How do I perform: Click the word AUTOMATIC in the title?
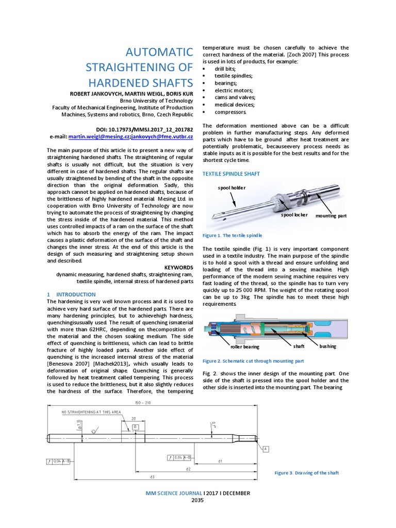[x=159, y=52]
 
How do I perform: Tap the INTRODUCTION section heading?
[x=75, y=294]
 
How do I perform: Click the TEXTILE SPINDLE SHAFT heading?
[x=231, y=174]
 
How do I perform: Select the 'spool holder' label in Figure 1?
[x=232, y=188]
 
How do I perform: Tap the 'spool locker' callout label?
[x=294, y=214]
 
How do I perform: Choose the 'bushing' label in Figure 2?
[x=327, y=346]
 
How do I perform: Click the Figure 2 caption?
[x=253, y=361]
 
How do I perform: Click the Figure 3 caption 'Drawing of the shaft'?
[x=306, y=473]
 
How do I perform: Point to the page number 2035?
[x=198, y=500]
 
